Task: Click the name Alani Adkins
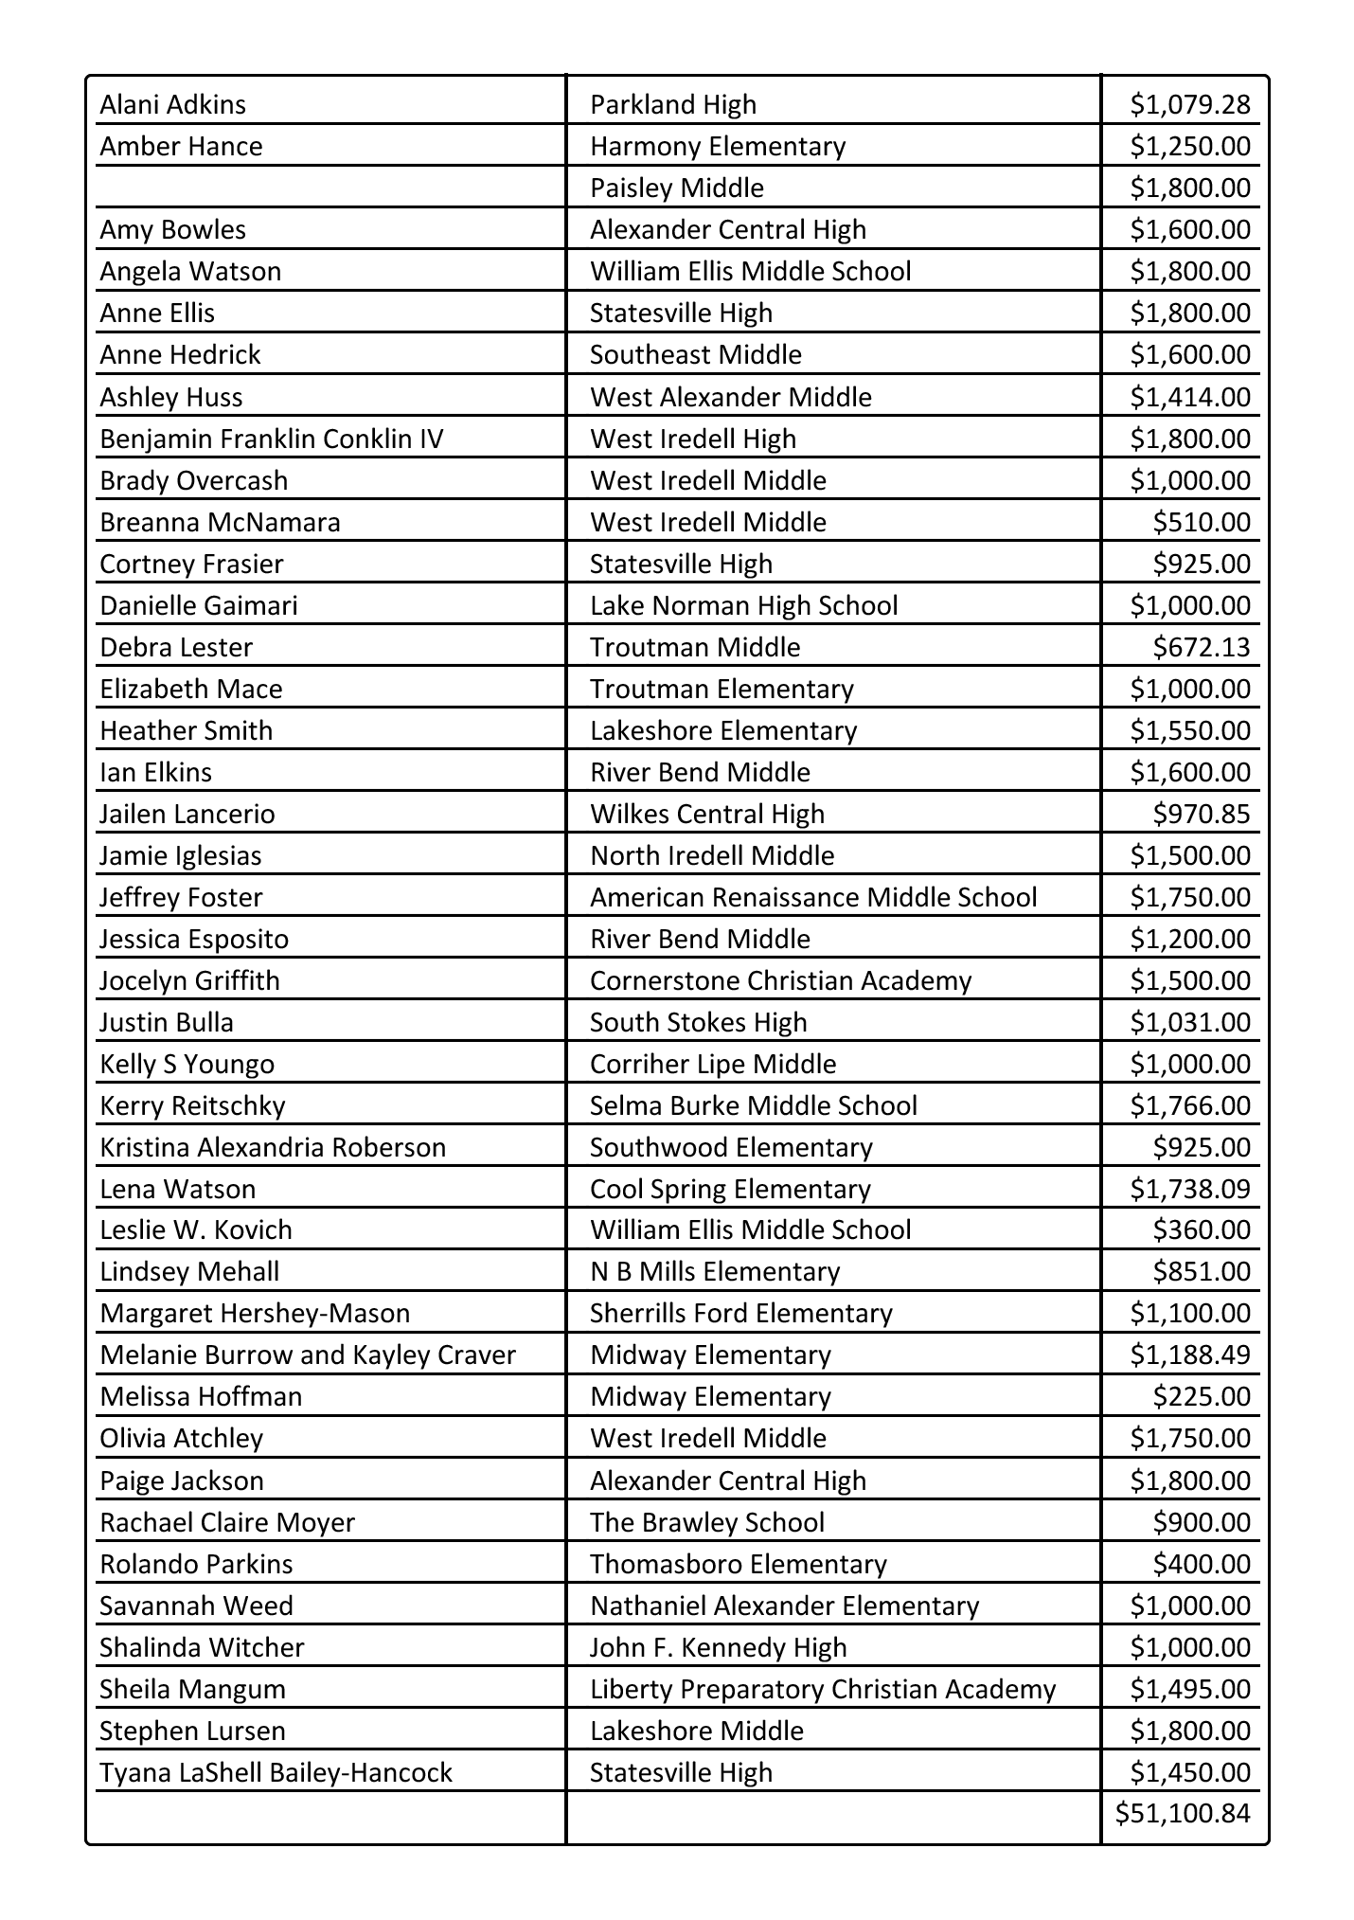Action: (172, 104)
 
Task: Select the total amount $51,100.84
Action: (1183, 1813)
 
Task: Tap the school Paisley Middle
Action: (676, 188)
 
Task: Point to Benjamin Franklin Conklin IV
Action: (271, 439)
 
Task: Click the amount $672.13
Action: (1201, 647)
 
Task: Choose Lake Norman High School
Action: (743, 605)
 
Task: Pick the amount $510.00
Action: (1201, 522)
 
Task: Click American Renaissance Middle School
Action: (813, 897)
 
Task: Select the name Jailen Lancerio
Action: (187, 814)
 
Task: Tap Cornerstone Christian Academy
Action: (780, 980)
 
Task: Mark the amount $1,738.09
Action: (1189, 1189)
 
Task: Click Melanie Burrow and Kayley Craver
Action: (308, 1355)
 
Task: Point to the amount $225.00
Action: (1201, 1396)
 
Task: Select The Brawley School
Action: (706, 1522)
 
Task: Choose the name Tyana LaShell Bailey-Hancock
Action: (276, 1772)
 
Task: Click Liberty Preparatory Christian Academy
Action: (822, 1689)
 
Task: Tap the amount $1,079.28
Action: (1189, 104)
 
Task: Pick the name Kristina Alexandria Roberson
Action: (273, 1147)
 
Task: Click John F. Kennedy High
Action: (718, 1647)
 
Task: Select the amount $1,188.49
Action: (1189, 1355)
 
